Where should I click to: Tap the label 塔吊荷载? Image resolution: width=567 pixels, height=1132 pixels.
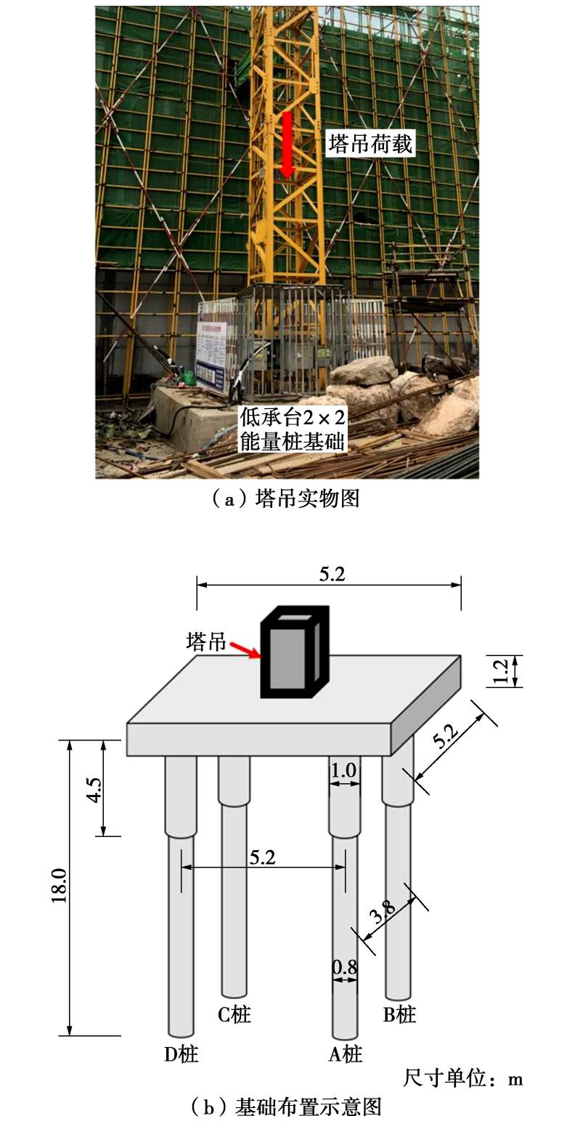[x=370, y=144]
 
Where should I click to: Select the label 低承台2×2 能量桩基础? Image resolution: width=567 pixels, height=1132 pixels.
[x=293, y=430]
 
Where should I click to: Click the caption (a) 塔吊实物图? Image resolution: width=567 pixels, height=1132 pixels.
[x=286, y=498]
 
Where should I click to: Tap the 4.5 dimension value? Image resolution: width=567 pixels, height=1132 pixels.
[x=94, y=789]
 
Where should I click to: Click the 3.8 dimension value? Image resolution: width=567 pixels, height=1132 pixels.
[x=382, y=910]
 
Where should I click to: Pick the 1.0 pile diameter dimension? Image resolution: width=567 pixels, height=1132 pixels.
[x=343, y=771]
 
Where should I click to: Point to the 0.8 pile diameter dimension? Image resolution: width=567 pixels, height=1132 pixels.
[x=345, y=967]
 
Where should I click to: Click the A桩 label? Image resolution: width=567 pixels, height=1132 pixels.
[x=346, y=1054]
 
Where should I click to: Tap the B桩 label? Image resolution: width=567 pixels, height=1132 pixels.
[x=399, y=1014]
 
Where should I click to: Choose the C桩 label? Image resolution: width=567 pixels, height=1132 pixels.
[x=234, y=1014]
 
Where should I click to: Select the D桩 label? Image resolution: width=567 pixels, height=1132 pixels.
[x=181, y=1054]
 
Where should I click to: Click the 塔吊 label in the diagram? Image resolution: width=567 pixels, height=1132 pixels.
[x=205, y=642]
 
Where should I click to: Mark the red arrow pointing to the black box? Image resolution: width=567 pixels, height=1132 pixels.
[x=245, y=650]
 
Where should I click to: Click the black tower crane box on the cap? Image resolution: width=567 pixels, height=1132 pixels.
[x=294, y=652]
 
